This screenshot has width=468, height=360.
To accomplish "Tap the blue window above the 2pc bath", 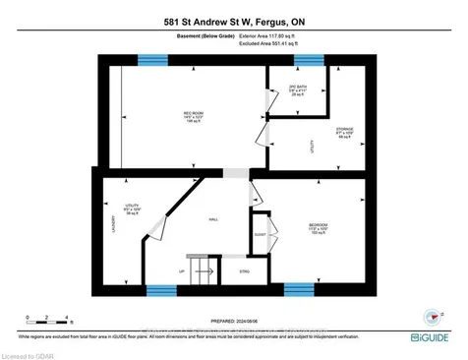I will (307, 61).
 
